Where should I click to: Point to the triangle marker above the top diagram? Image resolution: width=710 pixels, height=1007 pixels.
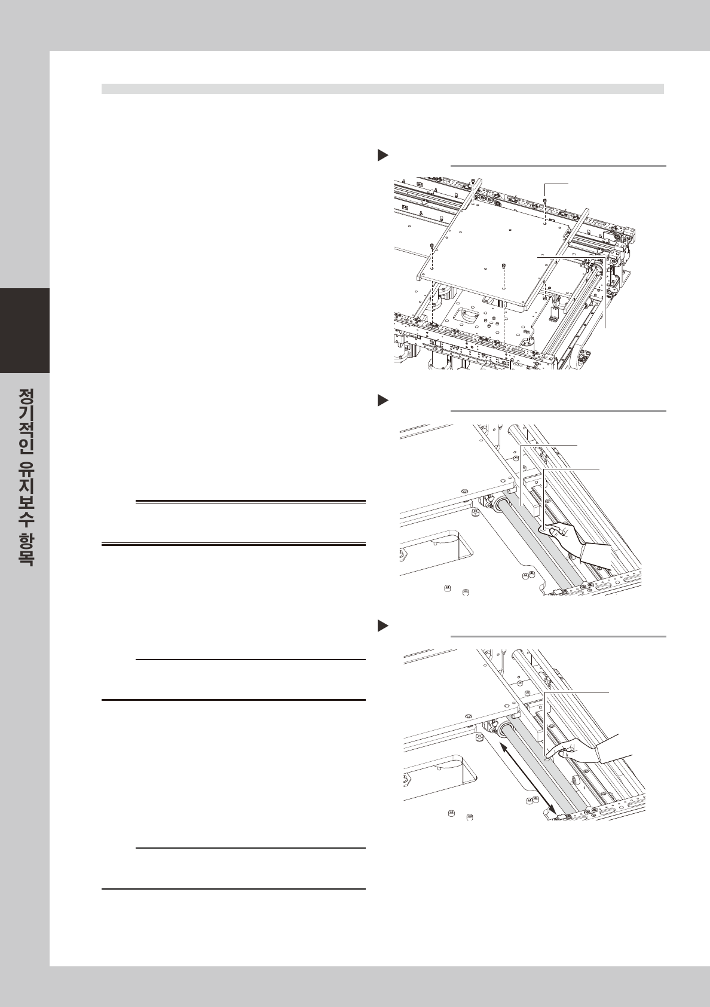(x=382, y=155)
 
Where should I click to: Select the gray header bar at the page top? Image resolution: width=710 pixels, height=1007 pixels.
(x=382, y=89)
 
